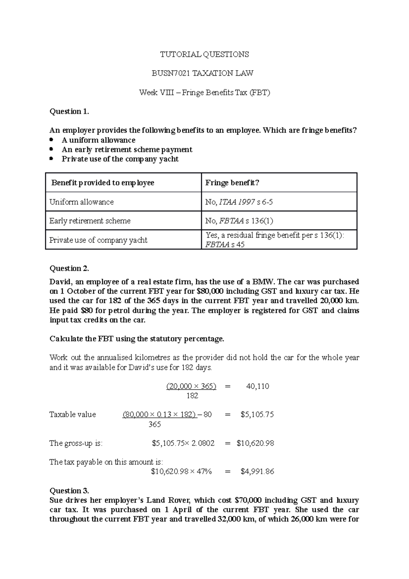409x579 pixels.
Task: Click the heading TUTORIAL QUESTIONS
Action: pos(204,54)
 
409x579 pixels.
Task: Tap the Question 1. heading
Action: pos(69,112)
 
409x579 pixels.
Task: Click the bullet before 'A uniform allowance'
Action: pos(51,140)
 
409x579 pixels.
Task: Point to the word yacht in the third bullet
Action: pos(169,159)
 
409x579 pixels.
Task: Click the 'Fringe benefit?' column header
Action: pos(232,183)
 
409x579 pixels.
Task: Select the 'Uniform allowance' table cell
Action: pos(81,202)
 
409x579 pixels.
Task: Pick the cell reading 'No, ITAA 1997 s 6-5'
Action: pos(239,202)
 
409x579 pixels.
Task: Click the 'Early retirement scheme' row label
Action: pos(90,221)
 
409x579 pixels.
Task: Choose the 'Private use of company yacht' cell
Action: pos(98,240)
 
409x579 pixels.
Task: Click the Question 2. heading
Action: pos(69,268)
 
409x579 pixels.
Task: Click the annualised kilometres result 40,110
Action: pos(257,386)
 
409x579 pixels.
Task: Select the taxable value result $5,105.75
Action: pos(257,415)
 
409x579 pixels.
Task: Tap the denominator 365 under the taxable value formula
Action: pos(154,425)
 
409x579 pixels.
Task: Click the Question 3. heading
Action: pos(69,491)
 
